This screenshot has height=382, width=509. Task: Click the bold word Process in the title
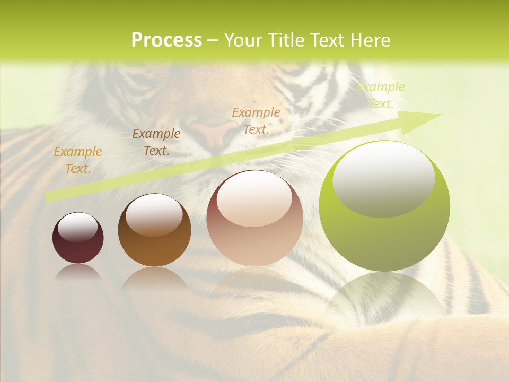pos(166,40)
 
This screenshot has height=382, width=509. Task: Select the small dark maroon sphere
pos(78,238)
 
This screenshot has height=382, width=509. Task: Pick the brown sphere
pos(154,230)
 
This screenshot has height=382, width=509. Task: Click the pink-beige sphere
pos(254,219)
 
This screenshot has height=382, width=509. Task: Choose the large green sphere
pos(384,206)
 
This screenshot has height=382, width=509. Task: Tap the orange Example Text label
pos(78,160)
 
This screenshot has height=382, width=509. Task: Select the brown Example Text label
pos(156,142)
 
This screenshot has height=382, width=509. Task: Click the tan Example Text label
pos(256,120)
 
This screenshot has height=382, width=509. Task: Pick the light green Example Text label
pos(381,95)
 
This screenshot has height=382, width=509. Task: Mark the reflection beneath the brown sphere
pos(154,278)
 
